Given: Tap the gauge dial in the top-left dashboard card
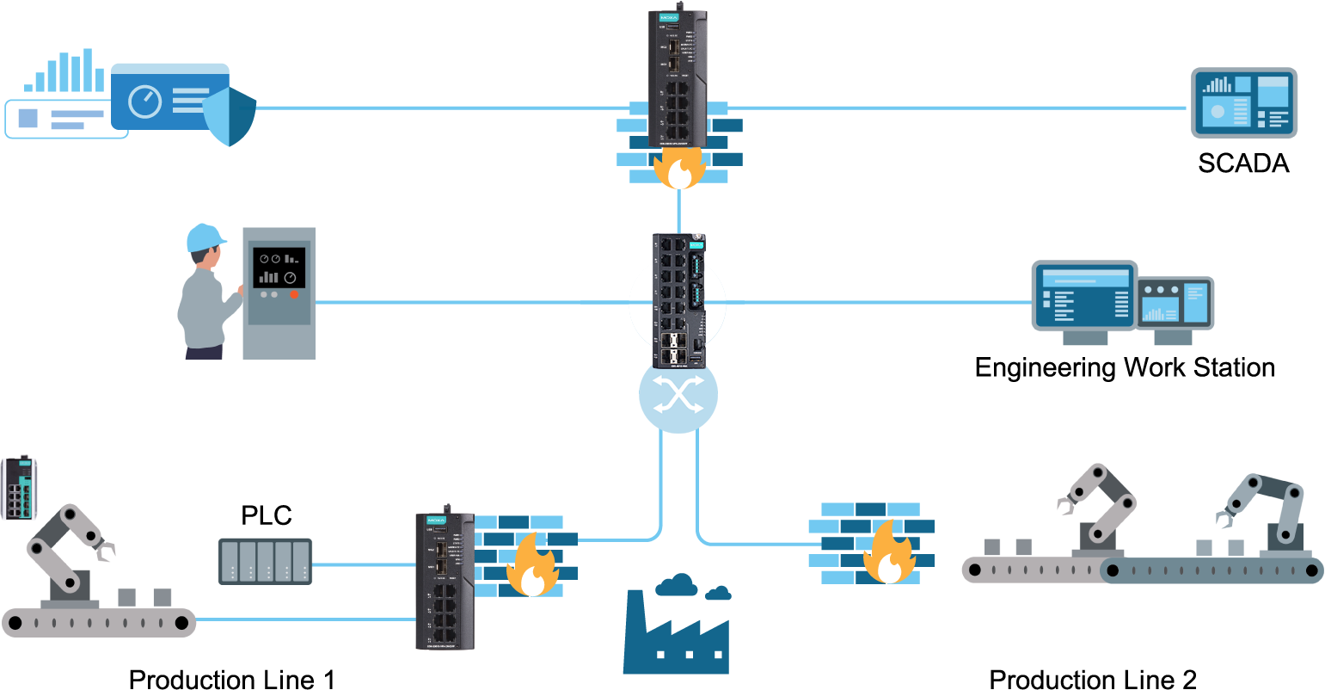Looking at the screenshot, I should (144, 102).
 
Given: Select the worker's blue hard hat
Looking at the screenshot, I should (205, 237).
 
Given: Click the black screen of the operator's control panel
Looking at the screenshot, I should (279, 268).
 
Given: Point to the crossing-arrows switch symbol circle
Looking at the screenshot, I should (678, 395).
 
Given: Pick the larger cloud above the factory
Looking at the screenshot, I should (676, 585).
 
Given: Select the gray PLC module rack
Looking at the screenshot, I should (265, 561).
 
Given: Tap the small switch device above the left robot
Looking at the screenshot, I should (19, 488).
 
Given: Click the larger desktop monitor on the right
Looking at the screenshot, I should (1084, 296).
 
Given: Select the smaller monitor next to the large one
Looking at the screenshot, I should (1175, 303).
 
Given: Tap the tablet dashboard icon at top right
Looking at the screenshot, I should (1243, 102).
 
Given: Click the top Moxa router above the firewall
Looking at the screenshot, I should (678, 77).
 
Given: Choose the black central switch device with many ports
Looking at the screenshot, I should (678, 300).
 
